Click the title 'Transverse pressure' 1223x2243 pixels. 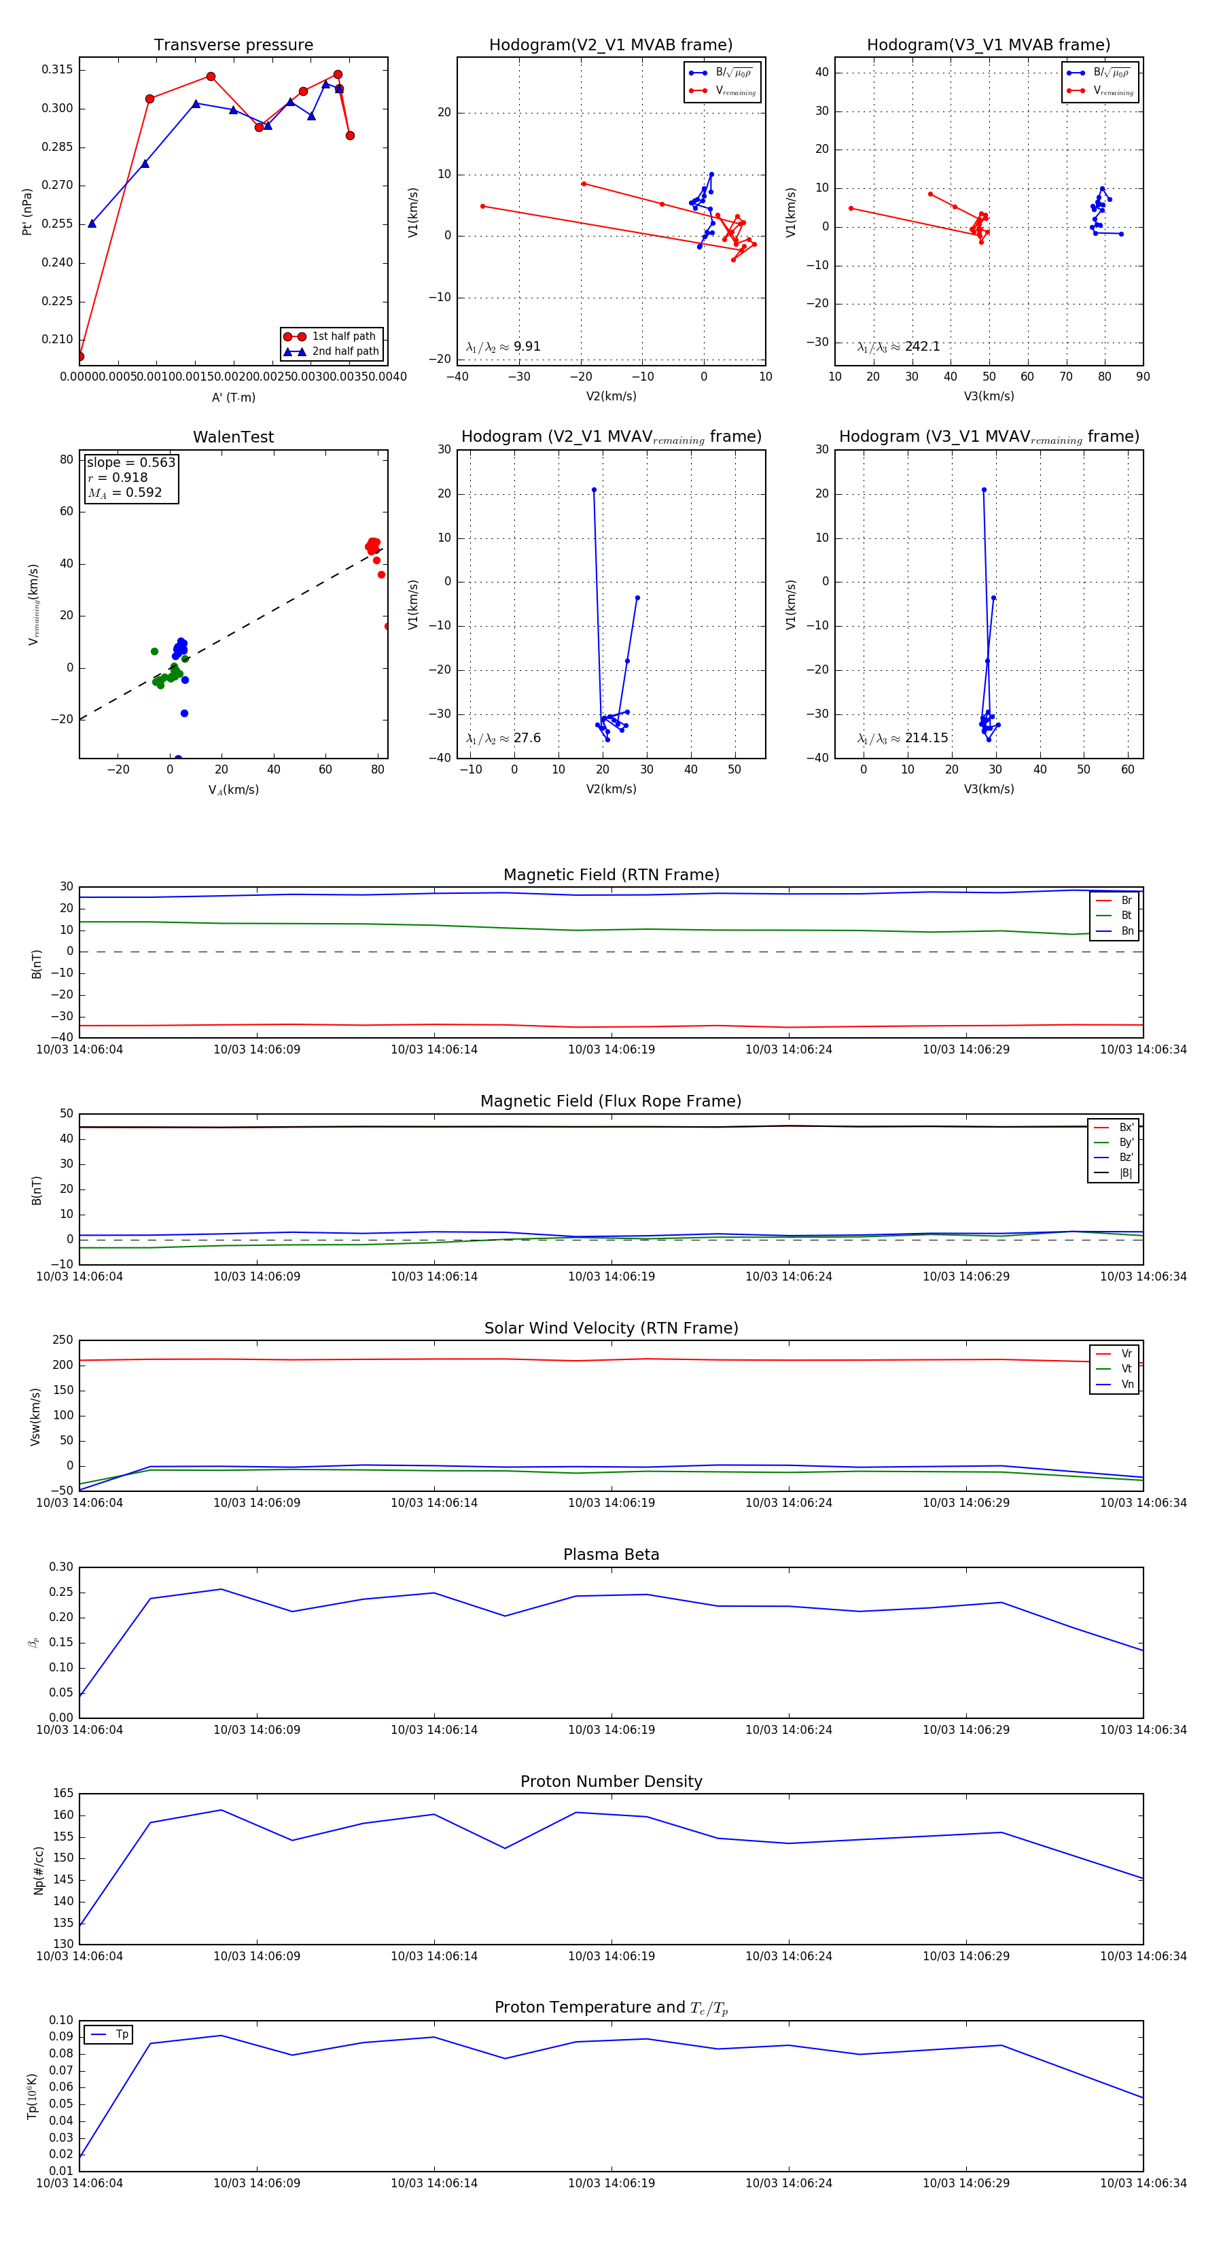(233, 46)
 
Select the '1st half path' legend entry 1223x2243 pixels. (343, 336)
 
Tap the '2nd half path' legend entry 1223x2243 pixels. (344, 352)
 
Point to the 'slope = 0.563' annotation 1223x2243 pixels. (130, 462)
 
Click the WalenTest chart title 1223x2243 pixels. (233, 437)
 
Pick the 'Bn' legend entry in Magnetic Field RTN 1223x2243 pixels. (1127, 931)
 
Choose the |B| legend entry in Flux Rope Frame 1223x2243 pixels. (1124, 1173)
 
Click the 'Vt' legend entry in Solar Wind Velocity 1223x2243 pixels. (1126, 1369)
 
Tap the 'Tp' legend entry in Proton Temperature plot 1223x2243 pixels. (121, 2035)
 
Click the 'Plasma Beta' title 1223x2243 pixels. (611, 1554)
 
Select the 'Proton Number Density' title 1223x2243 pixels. (611, 1781)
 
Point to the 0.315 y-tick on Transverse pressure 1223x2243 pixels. (58, 69)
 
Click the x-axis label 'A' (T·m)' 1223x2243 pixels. (233, 397)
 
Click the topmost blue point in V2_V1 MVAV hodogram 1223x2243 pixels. (595, 490)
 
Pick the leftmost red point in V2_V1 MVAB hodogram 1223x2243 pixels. (482, 207)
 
